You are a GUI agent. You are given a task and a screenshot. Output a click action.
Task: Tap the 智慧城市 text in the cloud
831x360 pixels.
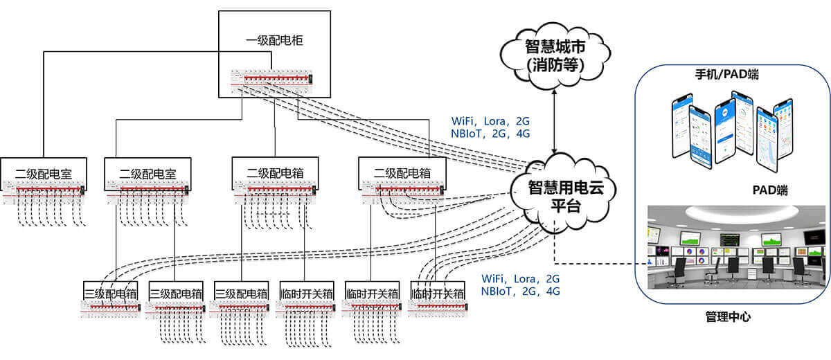coord(555,48)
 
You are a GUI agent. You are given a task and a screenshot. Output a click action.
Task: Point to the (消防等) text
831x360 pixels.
coord(555,66)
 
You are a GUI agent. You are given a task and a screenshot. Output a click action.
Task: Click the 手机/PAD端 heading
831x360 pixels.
coord(726,74)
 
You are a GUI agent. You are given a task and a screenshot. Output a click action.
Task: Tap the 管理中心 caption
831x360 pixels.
coord(727,317)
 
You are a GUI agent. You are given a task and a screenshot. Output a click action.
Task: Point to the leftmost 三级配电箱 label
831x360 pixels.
coord(111,293)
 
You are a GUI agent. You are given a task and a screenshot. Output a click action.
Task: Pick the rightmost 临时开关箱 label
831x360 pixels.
coord(438,293)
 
